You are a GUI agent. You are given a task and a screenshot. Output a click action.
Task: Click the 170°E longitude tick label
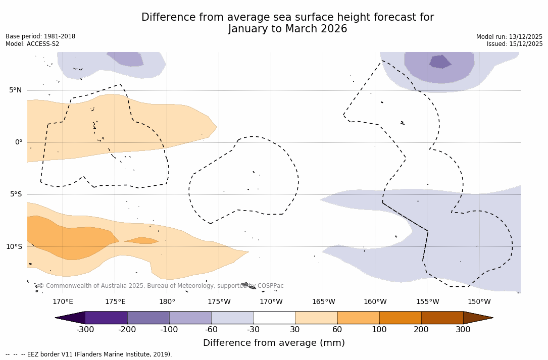pos(63,302)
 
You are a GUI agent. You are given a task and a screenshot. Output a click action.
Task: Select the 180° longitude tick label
pos(167,302)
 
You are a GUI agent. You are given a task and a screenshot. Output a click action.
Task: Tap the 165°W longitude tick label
pos(323,302)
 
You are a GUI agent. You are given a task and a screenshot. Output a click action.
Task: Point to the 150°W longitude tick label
pos(479,302)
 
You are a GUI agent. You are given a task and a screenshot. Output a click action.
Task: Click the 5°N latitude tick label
pos(16,90)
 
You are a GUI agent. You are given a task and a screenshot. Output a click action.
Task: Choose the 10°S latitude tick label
pos(14,247)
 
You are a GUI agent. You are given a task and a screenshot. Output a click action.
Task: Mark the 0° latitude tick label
pos(19,142)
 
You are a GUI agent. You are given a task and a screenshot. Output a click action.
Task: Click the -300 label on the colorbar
pos(85,330)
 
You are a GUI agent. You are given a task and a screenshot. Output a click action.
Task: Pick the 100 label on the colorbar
pos(379,330)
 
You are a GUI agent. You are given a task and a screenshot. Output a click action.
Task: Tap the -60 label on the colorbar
pos(211,330)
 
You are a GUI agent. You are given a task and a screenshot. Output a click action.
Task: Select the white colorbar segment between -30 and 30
pos(274,318)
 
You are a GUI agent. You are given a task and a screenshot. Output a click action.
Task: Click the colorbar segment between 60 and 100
pos(358,318)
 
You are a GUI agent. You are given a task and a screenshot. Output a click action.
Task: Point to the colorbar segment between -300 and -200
pos(106,318)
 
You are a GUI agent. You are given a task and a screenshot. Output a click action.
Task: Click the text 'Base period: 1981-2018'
pos(40,36)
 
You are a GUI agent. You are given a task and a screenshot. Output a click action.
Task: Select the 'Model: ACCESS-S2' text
pos(32,44)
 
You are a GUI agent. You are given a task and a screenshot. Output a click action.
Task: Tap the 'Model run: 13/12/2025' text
pos(509,37)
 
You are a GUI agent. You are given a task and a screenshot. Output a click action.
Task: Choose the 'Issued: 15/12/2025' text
pos(515,44)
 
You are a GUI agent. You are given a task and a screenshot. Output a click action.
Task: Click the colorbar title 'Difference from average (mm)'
pos(274,343)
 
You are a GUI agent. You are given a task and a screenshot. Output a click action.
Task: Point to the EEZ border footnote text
pos(89,354)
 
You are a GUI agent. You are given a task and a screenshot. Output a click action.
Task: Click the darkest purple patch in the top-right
pos(439,62)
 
